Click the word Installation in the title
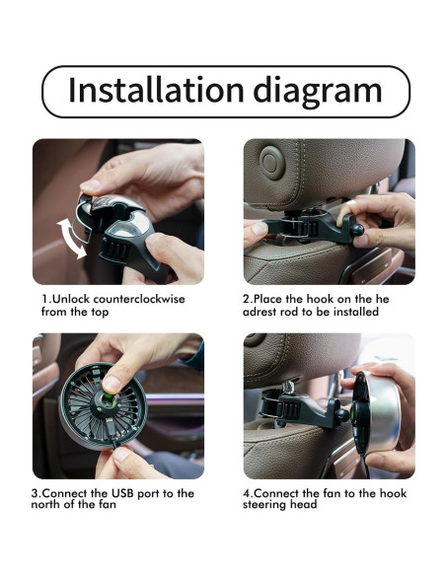(156, 90)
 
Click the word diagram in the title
(318, 92)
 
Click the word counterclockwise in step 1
(139, 299)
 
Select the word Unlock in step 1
(71, 299)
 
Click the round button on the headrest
(272, 163)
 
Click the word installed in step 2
(355, 312)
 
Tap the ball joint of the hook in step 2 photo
(356, 231)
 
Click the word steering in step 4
(264, 504)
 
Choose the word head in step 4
(304, 504)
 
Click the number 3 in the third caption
(35, 492)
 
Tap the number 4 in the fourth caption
(247, 492)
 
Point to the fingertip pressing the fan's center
(111, 385)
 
